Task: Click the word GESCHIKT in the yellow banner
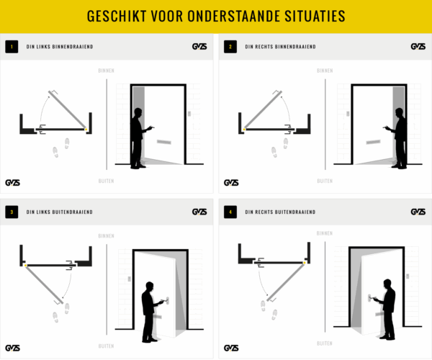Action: tap(118, 16)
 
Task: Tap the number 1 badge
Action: tap(11, 47)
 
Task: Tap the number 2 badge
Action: tap(230, 47)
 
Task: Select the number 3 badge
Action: tap(11, 212)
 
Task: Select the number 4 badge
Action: tap(230, 212)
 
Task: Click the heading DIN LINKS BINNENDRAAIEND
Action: tap(59, 47)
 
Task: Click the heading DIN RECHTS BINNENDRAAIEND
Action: tap(281, 47)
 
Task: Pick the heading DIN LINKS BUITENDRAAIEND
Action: tap(59, 212)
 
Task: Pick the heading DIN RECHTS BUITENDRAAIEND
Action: tap(281, 212)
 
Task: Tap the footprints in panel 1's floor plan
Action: tap(61, 148)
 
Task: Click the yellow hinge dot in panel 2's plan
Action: tap(244, 130)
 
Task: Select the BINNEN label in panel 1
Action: tap(106, 71)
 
